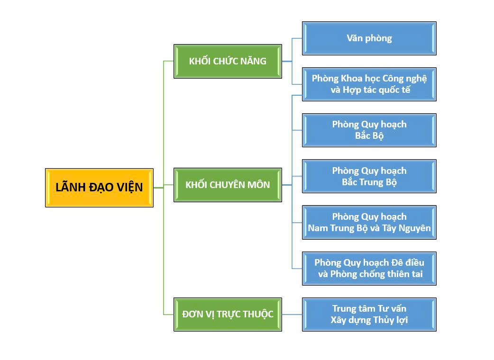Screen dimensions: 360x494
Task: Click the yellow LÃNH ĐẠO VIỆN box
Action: point(99,188)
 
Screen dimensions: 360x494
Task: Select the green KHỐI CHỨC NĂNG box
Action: point(228,61)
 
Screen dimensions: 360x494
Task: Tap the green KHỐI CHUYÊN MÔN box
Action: point(228,185)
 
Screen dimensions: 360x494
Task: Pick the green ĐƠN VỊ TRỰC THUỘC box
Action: point(228,314)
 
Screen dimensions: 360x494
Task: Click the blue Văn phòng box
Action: point(369,38)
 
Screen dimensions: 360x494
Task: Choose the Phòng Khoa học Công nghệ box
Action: point(369,84)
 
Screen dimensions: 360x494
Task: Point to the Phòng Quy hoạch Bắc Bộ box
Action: point(369,130)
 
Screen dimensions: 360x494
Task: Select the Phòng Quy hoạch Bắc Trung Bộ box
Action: point(369,176)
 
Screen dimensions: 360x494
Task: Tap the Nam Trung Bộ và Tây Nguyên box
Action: point(369,222)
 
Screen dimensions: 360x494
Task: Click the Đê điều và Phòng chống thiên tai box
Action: point(369,269)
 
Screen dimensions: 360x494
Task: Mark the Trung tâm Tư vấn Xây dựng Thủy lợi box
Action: point(369,315)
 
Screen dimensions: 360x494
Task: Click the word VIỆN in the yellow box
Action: point(128,187)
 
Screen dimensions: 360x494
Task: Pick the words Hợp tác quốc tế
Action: point(370,90)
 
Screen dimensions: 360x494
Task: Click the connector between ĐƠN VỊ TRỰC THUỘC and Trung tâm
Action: point(292,315)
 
